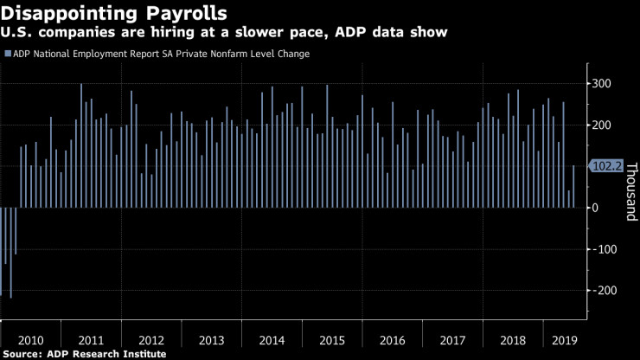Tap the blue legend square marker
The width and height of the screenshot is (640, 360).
[8, 54]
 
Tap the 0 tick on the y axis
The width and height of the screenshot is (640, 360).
[595, 208]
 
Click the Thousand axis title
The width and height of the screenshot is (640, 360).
[630, 190]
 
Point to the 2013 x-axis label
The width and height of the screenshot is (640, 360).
[212, 340]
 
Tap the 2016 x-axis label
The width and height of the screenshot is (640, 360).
[392, 340]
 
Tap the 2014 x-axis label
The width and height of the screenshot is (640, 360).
[272, 340]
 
